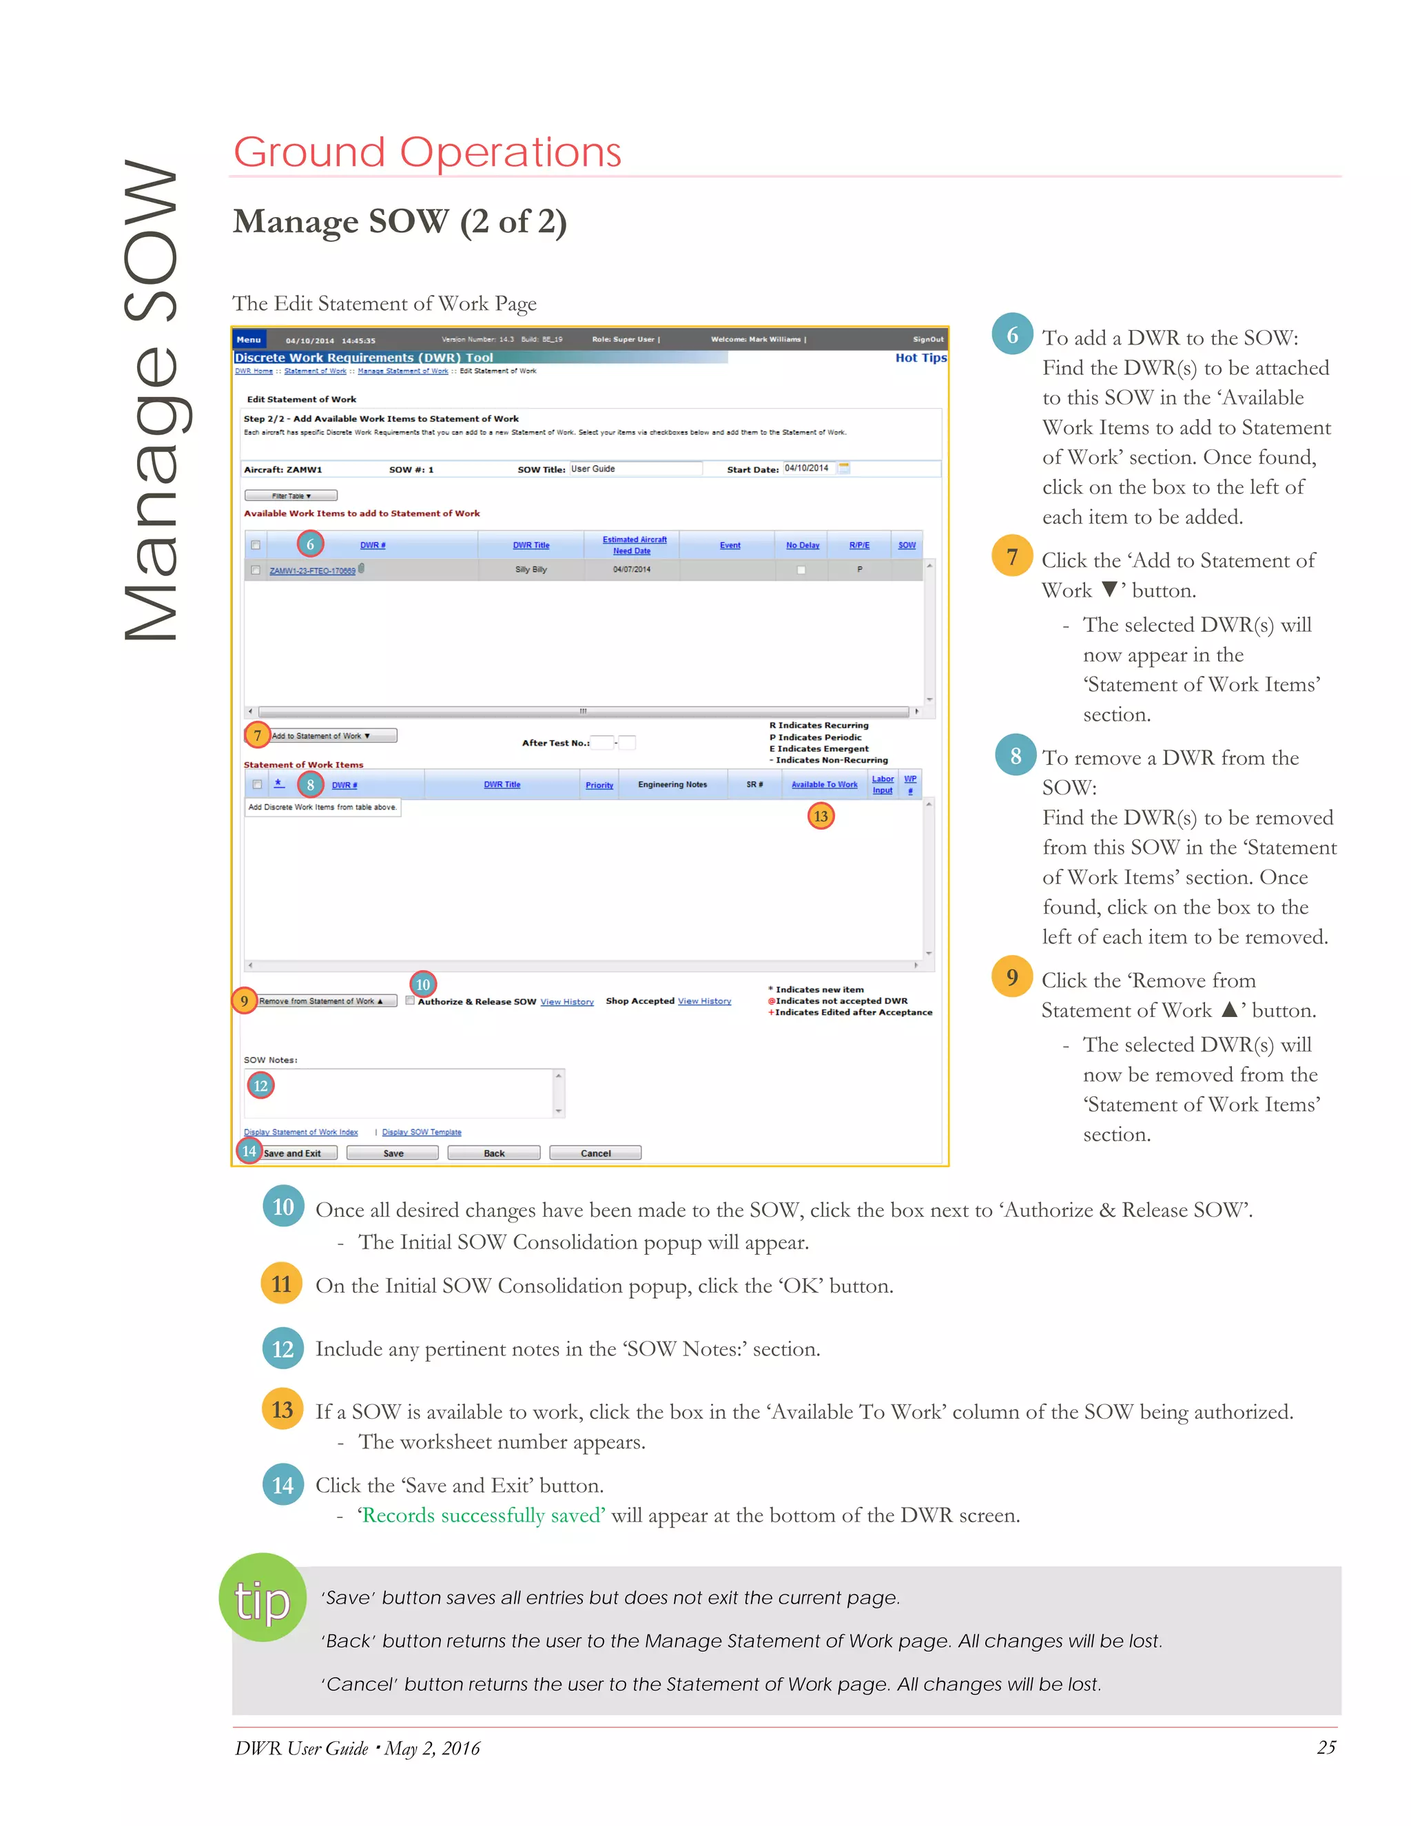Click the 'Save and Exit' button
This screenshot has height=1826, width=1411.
click(298, 1153)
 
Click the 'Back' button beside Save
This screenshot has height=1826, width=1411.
click(493, 1153)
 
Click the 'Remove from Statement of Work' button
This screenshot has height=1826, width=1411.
click(325, 1001)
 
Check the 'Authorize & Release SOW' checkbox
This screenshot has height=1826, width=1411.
click(411, 1000)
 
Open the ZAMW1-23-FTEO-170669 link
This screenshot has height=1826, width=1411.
click(312, 571)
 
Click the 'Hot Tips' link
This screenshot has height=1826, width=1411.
click(920, 358)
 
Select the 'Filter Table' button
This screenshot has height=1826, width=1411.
click(291, 496)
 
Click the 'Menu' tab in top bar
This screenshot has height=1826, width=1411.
click(248, 340)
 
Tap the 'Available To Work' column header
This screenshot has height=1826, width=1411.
click(824, 784)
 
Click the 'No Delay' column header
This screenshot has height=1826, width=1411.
click(802, 545)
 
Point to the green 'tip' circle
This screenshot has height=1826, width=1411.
click(262, 1598)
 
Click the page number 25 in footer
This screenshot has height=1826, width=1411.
click(1326, 1747)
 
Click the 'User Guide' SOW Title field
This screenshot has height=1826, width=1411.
click(635, 469)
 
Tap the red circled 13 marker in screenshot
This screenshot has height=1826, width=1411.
click(821, 816)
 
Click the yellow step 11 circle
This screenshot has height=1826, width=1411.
click(282, 1284)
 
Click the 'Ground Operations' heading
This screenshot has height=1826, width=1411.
click(427, 152)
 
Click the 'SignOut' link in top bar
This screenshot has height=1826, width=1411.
click(928, 340)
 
